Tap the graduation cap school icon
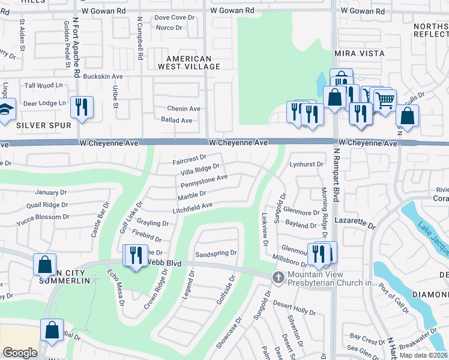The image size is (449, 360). point(5,111)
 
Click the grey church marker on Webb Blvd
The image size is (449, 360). point(277,277)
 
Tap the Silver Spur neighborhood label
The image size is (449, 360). point(44,125)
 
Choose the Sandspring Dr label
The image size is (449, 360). point(216,253)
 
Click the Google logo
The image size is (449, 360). point(20,352)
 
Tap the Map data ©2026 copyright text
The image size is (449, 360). point(423,355)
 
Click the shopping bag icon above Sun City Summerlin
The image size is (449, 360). point(45,264)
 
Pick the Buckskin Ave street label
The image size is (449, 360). point(103,77)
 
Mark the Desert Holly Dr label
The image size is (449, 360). point(294,311)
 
